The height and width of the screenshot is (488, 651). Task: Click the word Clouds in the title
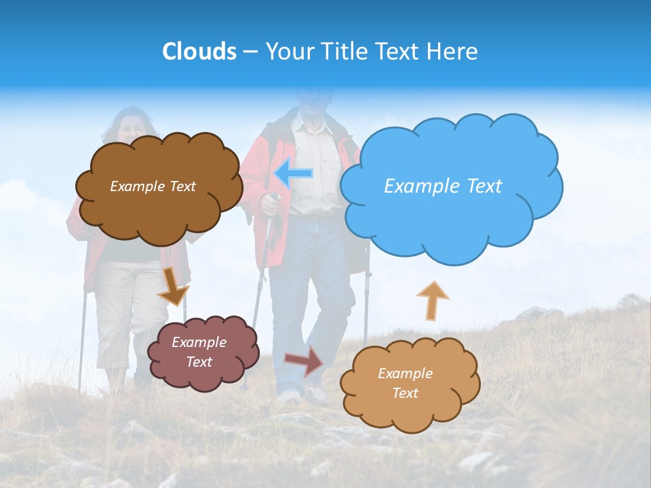[x=199, y=52]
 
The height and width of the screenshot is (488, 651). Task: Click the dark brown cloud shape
[x=159, y=217]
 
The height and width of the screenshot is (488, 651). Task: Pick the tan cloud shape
[x=410, y=413]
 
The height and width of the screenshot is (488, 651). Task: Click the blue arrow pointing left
[x=294, y=174]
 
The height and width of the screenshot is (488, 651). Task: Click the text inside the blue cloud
[x=443, y=186]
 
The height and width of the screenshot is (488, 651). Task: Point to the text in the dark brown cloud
[x=153, y=186]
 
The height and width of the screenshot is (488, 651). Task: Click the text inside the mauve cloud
[x=199, y=352]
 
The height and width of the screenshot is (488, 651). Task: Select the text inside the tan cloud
[x=406, y=383]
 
